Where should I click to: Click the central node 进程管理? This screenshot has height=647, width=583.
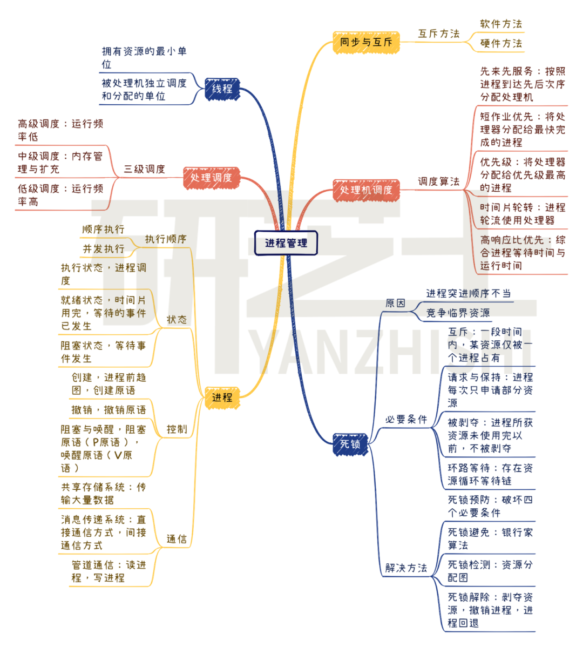286,243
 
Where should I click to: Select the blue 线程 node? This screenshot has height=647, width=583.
222,89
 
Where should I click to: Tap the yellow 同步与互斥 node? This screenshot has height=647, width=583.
365,42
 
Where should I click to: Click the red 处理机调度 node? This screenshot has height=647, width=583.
366,190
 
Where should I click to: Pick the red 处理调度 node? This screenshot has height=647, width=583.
211,178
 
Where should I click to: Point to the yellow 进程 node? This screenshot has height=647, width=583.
222,397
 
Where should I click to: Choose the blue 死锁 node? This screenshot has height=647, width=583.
350,444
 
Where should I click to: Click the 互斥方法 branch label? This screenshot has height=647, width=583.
438,33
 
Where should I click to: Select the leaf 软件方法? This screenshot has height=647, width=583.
501,24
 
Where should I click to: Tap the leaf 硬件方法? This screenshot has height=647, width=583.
501,43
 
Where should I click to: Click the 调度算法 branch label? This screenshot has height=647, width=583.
438,181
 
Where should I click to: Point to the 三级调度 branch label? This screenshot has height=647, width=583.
144,169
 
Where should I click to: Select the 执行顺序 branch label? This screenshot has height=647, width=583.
166,239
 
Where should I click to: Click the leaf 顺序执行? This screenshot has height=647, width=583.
103,230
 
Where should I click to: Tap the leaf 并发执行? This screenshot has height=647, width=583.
103,249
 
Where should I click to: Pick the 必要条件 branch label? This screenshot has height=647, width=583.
406,420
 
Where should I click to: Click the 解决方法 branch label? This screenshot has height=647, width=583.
406,568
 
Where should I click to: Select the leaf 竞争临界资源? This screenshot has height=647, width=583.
458,313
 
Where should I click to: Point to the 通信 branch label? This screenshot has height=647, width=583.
177,539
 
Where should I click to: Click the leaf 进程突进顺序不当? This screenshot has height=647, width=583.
468,293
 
